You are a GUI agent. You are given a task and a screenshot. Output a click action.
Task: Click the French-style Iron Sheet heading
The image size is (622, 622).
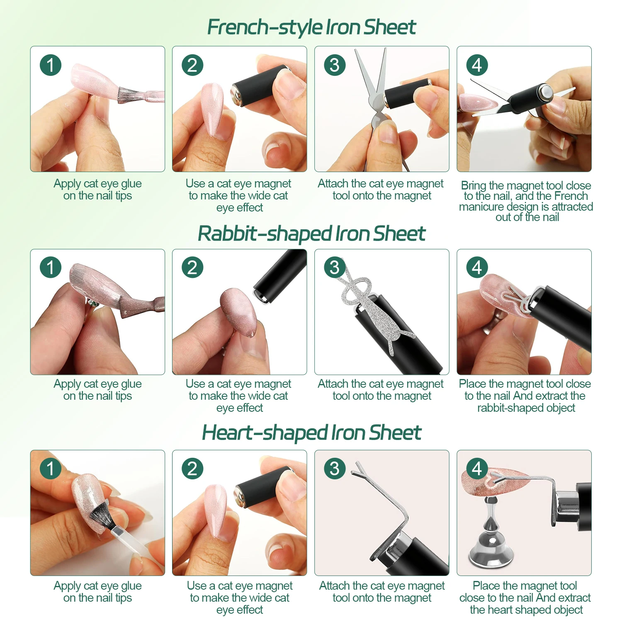pyautogui.click(x=311, y=27)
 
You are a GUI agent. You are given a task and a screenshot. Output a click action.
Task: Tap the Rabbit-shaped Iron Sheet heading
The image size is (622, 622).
pyautogui.click(x=311, y=233)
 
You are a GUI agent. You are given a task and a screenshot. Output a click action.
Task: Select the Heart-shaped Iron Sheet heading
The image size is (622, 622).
pyautogui.click(x=311, y=433)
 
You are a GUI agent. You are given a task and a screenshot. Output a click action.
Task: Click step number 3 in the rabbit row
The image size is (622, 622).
pyautogui.click(x=334, y=267)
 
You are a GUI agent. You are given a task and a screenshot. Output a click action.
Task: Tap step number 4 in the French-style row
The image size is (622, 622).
pyautogui.click(x=477, y=65)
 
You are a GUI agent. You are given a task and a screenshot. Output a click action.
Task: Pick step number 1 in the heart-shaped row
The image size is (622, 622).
pyautogui.click(x=51, y=469)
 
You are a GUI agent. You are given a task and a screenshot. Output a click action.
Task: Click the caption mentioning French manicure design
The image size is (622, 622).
pyautogui.click(x=526, y=201)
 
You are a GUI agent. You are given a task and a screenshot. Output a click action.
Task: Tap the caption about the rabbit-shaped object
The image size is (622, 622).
pyautogui.click(x=525, y=396)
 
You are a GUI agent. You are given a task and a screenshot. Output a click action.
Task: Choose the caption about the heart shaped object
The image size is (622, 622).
pyautogui.click(x=525, y=598)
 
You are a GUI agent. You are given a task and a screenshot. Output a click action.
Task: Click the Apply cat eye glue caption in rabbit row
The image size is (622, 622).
pyautogui.click(x=97, y=389)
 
